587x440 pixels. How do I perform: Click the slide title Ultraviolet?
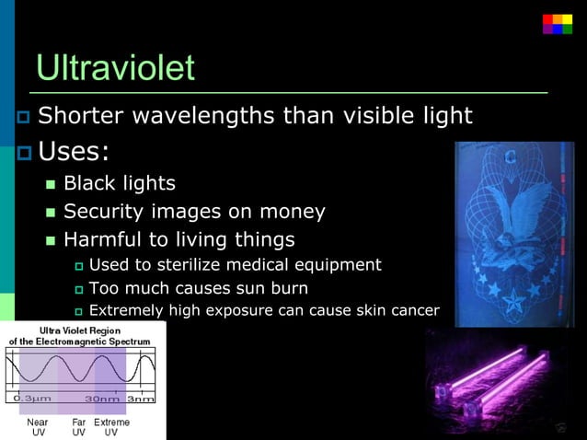coord(115,68)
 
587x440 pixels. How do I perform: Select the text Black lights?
coord(119,183)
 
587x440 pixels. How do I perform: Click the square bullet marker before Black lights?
coord(52,184)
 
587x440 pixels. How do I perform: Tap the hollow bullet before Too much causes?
coord(78,289)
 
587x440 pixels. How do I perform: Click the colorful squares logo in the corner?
coord(557,23)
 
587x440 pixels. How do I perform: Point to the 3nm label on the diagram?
coord(141,399)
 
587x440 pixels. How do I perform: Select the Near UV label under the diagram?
coord(38,427)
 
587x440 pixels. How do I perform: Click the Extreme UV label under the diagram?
coord(111,427)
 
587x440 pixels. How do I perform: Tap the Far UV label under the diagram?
coord(79,427)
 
